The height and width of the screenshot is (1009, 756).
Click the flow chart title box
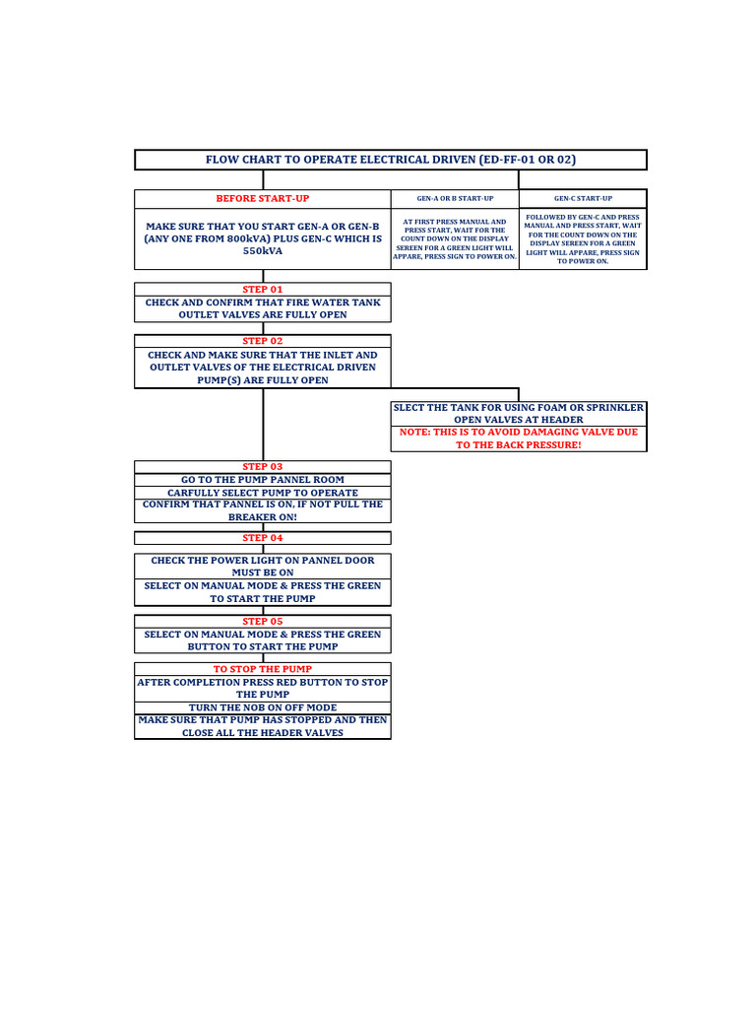(390, 160)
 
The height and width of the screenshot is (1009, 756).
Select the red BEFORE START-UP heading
(262, 199)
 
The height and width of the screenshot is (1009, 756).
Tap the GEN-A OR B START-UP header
(455, 199)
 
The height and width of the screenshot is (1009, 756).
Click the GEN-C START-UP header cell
(583, 199)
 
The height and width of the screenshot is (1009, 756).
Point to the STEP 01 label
(262, 290)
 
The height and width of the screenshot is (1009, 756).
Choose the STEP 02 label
(262, 341)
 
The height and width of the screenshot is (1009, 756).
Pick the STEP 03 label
(262, 466)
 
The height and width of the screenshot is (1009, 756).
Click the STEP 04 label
(262, 538)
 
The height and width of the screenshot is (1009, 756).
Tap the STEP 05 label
(262, 621)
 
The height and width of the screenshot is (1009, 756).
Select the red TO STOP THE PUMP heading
(262, 669)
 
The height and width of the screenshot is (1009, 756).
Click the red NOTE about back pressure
(518, 438)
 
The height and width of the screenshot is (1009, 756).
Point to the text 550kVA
(262, 251)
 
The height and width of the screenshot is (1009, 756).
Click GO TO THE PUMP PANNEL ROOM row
(262, 480)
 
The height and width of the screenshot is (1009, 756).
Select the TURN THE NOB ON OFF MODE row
(262, 707)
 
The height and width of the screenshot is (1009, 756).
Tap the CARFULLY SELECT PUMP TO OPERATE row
(262, 493)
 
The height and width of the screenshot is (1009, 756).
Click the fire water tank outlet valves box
(262, 308)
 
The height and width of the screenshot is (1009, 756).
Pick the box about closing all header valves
(262, 726)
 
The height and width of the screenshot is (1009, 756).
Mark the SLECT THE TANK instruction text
(518, 413)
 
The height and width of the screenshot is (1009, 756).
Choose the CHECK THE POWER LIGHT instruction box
(262, 566)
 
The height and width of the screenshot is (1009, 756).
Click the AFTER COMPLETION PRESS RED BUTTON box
(262, 688)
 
